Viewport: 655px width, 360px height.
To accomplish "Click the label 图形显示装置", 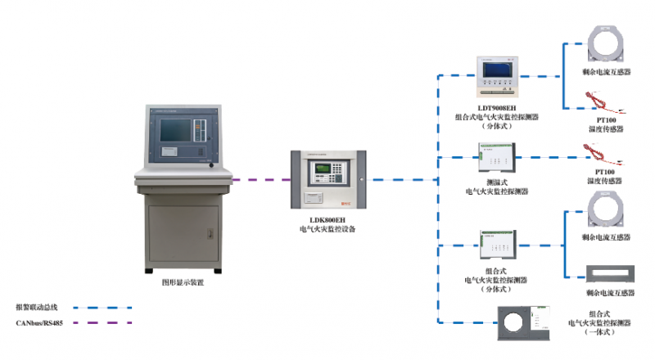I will pos(183,282).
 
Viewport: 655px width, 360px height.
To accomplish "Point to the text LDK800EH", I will pos(327,220).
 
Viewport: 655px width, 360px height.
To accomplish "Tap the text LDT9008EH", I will pos(498,108).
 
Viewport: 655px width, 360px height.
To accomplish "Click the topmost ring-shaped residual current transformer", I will pos(606,45).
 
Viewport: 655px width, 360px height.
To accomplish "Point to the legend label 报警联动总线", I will pos(37,308).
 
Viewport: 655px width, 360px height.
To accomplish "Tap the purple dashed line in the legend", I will pos(102,323).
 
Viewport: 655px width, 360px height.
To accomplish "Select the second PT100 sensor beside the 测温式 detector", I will pos(604,153).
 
